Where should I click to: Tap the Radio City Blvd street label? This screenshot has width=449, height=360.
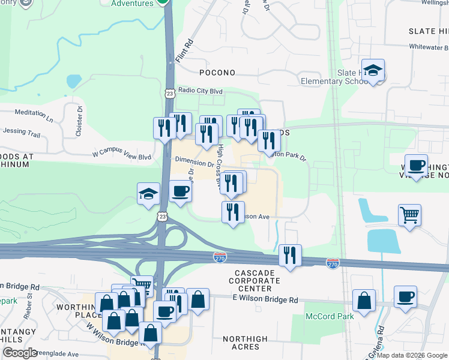point(200,91)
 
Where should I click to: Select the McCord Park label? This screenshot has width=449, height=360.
point(325,316)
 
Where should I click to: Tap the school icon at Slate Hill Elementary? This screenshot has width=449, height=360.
point(373,71)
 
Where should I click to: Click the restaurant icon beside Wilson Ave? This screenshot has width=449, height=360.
point(233,212)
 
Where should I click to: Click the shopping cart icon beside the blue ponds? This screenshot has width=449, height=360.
point(409,215)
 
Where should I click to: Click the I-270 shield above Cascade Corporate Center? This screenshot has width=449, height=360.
point(220,257)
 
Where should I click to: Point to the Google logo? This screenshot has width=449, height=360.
point(20,353)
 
